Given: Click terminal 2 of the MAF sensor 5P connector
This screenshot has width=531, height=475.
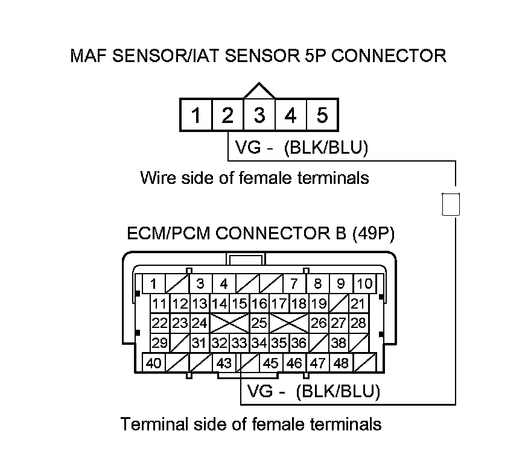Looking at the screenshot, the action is pos(227,115).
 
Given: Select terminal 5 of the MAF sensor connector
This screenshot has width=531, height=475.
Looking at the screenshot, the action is pos(322,115).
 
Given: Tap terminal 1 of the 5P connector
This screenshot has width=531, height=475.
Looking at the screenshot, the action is pos(196,115).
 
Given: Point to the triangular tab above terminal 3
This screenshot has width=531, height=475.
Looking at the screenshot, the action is pos(259,90).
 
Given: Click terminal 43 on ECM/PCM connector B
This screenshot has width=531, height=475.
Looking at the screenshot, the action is pos(224,363).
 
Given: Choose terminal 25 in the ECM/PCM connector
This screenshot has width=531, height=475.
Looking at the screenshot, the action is pos(259,323).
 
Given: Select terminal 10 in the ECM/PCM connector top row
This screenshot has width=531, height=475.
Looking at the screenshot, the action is pos(364,283).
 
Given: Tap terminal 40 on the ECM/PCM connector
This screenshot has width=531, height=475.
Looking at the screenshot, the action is pos(153,363).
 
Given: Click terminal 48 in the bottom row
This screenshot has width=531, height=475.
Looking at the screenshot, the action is pos(341,363).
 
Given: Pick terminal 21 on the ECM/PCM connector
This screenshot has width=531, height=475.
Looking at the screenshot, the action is pos(358,303).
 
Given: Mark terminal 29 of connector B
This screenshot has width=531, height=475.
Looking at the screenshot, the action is pos(160,343).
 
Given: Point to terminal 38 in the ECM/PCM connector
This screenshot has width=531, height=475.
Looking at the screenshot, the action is pos(339,343).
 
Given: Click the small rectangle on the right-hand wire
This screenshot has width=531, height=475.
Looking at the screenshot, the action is pos(451,204).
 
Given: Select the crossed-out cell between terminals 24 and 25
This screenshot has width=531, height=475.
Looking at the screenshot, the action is pos(230,323).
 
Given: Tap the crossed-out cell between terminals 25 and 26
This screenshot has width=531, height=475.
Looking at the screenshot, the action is pos(289,323).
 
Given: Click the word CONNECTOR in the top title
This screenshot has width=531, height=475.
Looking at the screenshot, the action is pos(389,56).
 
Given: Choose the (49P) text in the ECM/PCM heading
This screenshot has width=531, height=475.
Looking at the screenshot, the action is pos(374,233).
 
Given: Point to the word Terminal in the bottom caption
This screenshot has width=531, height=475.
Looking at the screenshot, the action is pos(154,424).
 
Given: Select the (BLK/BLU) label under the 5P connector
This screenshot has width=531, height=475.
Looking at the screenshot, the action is pos(326,148).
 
